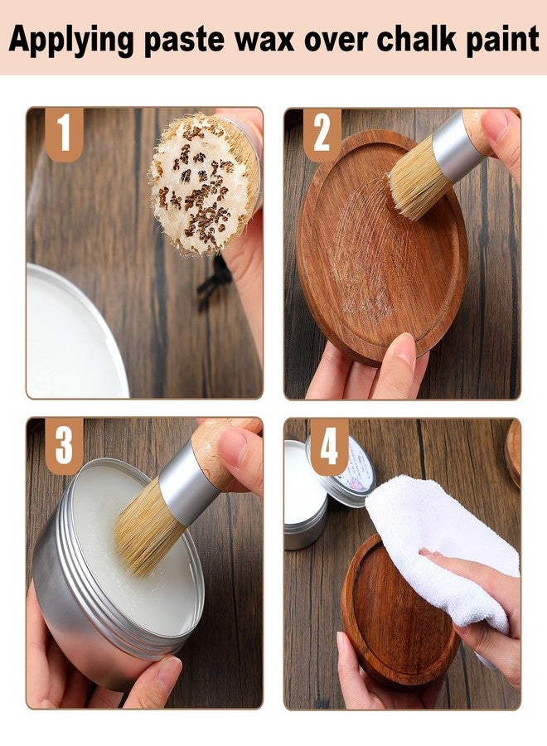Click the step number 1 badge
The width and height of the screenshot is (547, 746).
click(64, 133)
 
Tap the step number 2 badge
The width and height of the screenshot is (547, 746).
click(322, 133)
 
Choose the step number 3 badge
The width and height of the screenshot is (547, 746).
click(64, 444)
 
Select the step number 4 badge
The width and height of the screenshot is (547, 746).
click(328, 446)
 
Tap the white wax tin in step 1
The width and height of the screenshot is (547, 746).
click(70, 340)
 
